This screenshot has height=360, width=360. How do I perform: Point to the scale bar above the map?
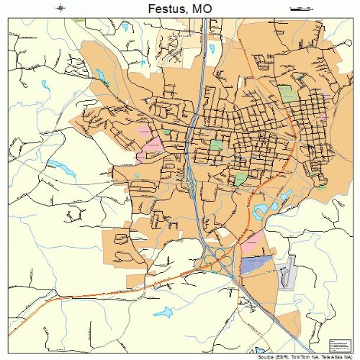297,9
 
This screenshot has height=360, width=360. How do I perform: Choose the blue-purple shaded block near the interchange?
255,265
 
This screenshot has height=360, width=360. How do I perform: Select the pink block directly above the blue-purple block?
251,243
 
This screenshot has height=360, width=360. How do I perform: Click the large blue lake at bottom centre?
164,312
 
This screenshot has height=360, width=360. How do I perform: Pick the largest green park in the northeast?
287,93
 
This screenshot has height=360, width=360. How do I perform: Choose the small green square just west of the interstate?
166,132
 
